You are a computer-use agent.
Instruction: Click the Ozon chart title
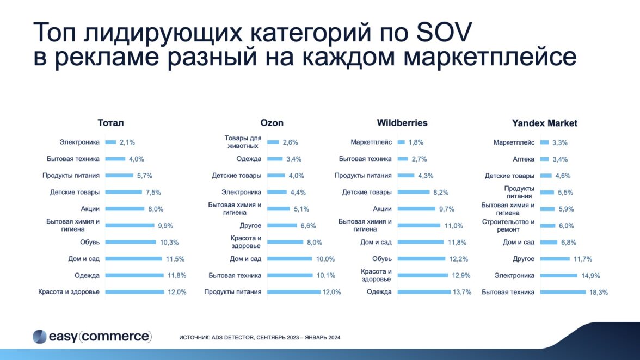(272, 123)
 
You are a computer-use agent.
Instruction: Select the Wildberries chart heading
(402, 123)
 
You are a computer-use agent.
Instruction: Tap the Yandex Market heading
(544, 123)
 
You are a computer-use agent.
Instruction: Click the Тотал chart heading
(110, 123)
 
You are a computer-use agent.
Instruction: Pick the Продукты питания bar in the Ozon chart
(294, 292)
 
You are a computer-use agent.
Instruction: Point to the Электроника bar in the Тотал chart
(110, 142)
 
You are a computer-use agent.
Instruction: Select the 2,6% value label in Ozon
(290, 142)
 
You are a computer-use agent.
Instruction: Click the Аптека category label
(524, 159)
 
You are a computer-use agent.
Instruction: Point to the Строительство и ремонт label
(508, 226)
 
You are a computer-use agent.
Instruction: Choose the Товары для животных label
(243, 142)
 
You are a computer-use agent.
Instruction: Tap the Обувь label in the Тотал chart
(90, 243)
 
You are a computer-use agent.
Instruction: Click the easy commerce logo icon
(40, 337)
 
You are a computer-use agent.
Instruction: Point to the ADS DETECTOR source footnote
(260, 338)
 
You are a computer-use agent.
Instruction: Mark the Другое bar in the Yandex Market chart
(555, 259)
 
